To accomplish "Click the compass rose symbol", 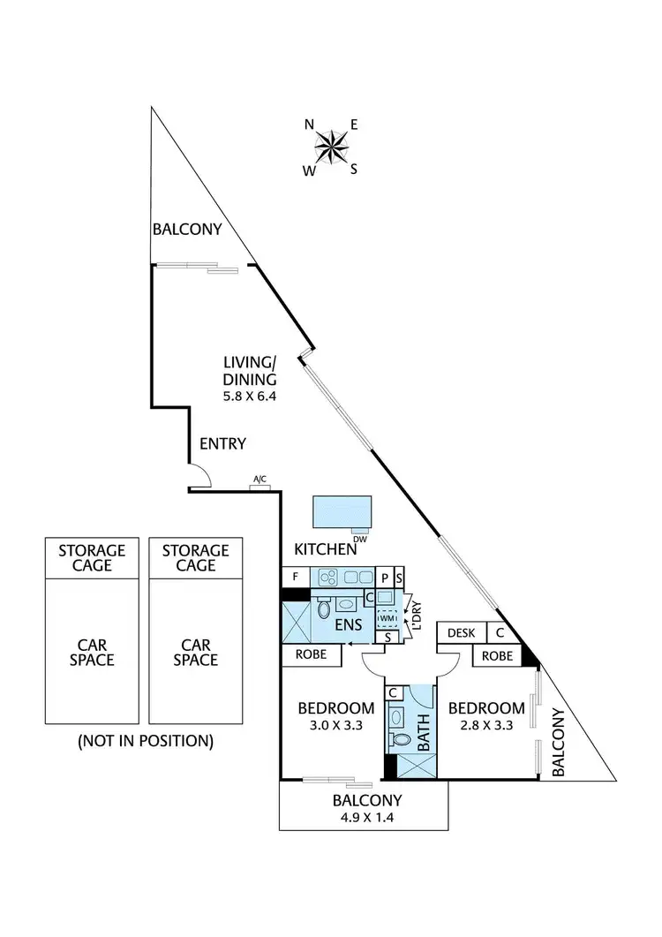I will (331, 147).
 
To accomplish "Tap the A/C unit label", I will (260, 480).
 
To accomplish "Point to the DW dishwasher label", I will (359, 539).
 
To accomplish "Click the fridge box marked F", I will (295, 576).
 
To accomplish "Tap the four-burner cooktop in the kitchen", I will (330, 576).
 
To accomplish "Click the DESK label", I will (461, 632).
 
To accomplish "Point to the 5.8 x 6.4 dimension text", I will (251, 397).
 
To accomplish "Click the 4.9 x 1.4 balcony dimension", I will (367, 819).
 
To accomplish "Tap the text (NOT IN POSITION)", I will (146, 740).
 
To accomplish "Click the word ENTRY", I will (222, 443).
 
